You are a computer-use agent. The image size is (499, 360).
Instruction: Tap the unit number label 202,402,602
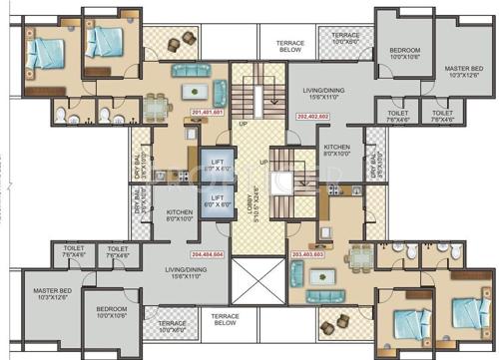pos(312,117)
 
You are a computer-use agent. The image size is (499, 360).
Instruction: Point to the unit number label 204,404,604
pos(207,254)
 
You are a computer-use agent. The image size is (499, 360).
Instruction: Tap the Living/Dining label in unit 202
pos(323,93)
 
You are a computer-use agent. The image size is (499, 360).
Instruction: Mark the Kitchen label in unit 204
pos(179,215)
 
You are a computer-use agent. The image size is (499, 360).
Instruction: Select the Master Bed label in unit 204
pos(52,296)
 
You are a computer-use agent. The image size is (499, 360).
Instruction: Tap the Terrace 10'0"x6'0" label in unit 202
pos(345,39)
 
